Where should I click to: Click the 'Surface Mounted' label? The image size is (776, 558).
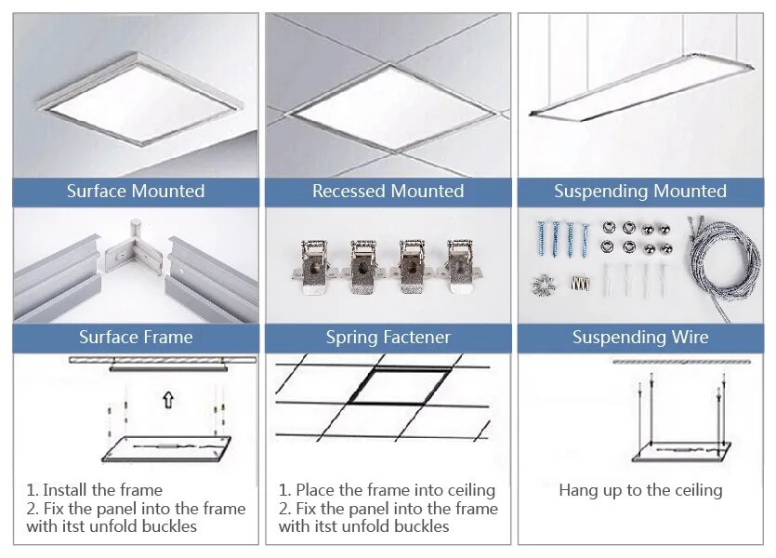[136, 192]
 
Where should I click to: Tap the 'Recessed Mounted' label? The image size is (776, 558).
[388, 192]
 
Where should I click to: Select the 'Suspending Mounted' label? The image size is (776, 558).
[640, 192]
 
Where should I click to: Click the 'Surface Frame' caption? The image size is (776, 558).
[136, 337]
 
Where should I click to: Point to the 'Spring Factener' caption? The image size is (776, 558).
[388, 337]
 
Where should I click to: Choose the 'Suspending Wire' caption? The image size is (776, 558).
[640, 337]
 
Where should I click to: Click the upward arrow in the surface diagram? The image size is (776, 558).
[167, 401]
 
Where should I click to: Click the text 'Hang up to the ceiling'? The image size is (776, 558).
[640, 490]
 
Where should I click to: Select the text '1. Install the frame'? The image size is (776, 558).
[94, 490]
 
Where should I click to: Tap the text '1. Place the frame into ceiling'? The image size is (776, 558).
[387, 490]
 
